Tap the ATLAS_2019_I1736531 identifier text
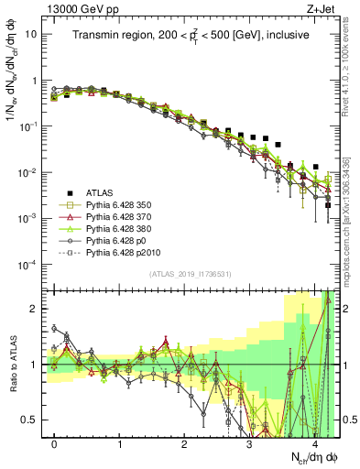(191, 274)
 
